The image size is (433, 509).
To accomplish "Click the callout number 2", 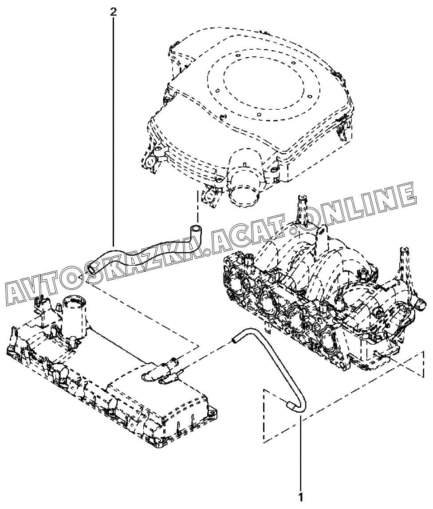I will [114, 12].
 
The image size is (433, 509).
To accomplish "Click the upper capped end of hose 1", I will [234, 341].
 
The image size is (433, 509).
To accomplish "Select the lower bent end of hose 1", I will [291, 405].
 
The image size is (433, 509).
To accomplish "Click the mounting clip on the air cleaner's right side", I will [343, 129].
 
